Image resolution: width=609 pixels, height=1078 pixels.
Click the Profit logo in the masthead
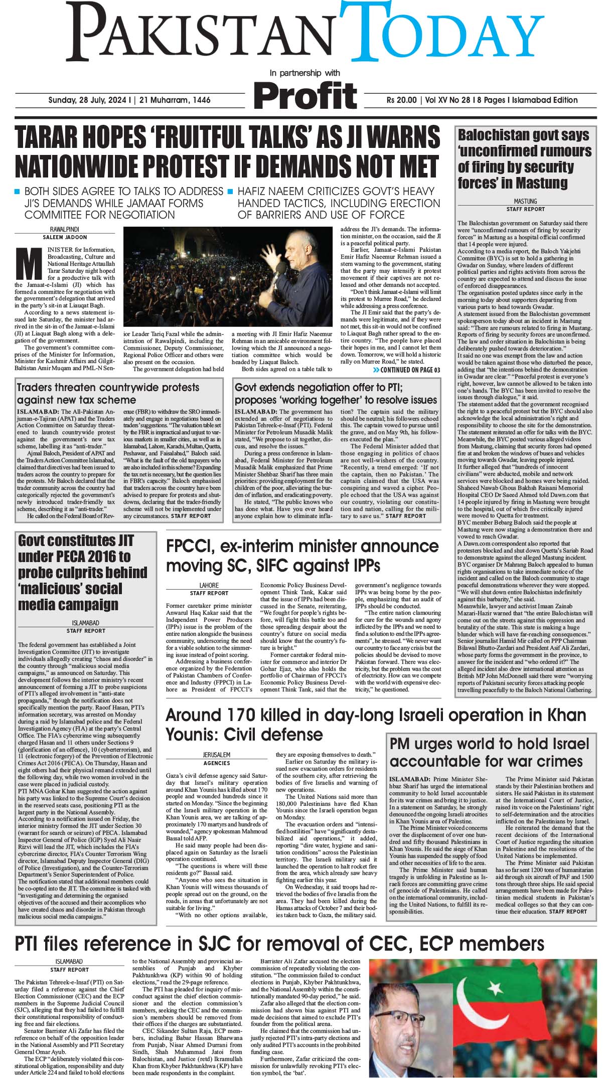[x=305, y=94]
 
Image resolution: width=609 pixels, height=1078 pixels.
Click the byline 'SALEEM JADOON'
[x=65, y=237]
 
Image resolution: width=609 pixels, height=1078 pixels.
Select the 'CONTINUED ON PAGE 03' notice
[x=406, y=370]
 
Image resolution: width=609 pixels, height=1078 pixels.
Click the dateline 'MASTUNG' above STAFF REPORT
[x=525, y=202]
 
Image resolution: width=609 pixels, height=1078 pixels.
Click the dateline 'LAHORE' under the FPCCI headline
[x=209, y=585]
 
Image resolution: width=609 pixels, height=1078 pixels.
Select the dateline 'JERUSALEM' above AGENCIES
[x=217, y=755]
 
